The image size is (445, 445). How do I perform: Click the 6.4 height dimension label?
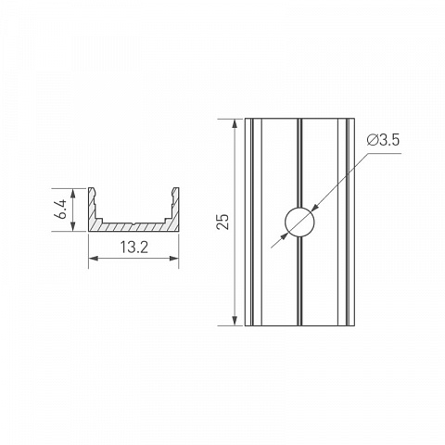click(62, 210)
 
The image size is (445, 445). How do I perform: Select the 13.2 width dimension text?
click(134, 248)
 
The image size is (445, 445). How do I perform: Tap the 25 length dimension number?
click(223, 222)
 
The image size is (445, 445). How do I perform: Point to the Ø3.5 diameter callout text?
click(383, 140)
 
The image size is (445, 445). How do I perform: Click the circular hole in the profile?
click(299, 222)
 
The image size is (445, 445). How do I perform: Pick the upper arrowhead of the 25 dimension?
click(235, 123)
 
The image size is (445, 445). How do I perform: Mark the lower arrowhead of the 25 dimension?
click(235, 321)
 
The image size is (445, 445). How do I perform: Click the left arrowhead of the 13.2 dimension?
click(94, 258)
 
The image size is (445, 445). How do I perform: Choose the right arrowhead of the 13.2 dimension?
click(174, 258)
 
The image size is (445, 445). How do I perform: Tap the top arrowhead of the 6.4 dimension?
click(73, 193)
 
